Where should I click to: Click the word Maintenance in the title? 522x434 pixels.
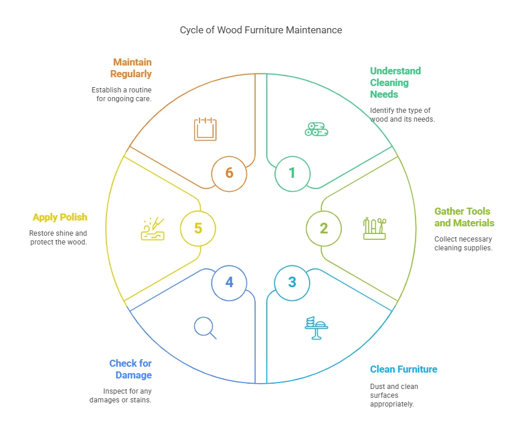[x=314, y=30]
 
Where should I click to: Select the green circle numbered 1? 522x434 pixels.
[x=292, y=173]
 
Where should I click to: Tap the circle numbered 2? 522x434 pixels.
[x=324, y=229]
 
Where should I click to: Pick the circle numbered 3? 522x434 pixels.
[x=292, y=283]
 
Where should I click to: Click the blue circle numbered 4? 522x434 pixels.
[x=229, y=283]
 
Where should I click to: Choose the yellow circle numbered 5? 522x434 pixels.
[x=198, y=228]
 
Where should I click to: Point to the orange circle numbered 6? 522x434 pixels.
[x=229, y=173]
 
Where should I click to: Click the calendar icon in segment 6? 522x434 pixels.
[x=205, y=129]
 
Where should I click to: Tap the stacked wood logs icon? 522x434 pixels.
[x=316, y=129]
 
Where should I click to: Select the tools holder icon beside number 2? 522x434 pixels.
[x=375, y=228]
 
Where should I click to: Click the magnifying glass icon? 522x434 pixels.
[x=205, y=327]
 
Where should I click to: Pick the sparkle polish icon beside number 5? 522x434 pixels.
[x=153, y=229]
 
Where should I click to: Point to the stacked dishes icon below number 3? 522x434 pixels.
[x=316, y=328]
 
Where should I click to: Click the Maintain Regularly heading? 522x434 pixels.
[x=131, y=68]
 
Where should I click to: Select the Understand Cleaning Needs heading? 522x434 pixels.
[x=395, y=82]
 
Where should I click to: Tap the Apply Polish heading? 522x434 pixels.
[x=60, y=217]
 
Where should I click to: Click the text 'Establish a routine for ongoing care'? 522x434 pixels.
[x=121, y=94]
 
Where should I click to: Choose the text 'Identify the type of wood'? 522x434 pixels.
[x=401, y=115]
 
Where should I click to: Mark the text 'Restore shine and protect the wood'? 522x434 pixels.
[x=58, y=237]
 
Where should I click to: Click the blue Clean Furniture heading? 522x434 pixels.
[x=404, y=370]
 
